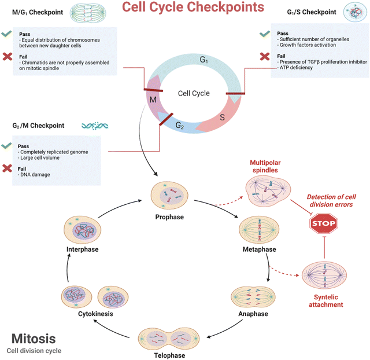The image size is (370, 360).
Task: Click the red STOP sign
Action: click(324, 222)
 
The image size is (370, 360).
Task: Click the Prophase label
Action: click(169, 217)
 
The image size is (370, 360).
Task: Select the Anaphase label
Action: click(253, 314)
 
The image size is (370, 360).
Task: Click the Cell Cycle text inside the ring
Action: click(193, 93)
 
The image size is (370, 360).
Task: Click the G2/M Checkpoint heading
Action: click(38, 125)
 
